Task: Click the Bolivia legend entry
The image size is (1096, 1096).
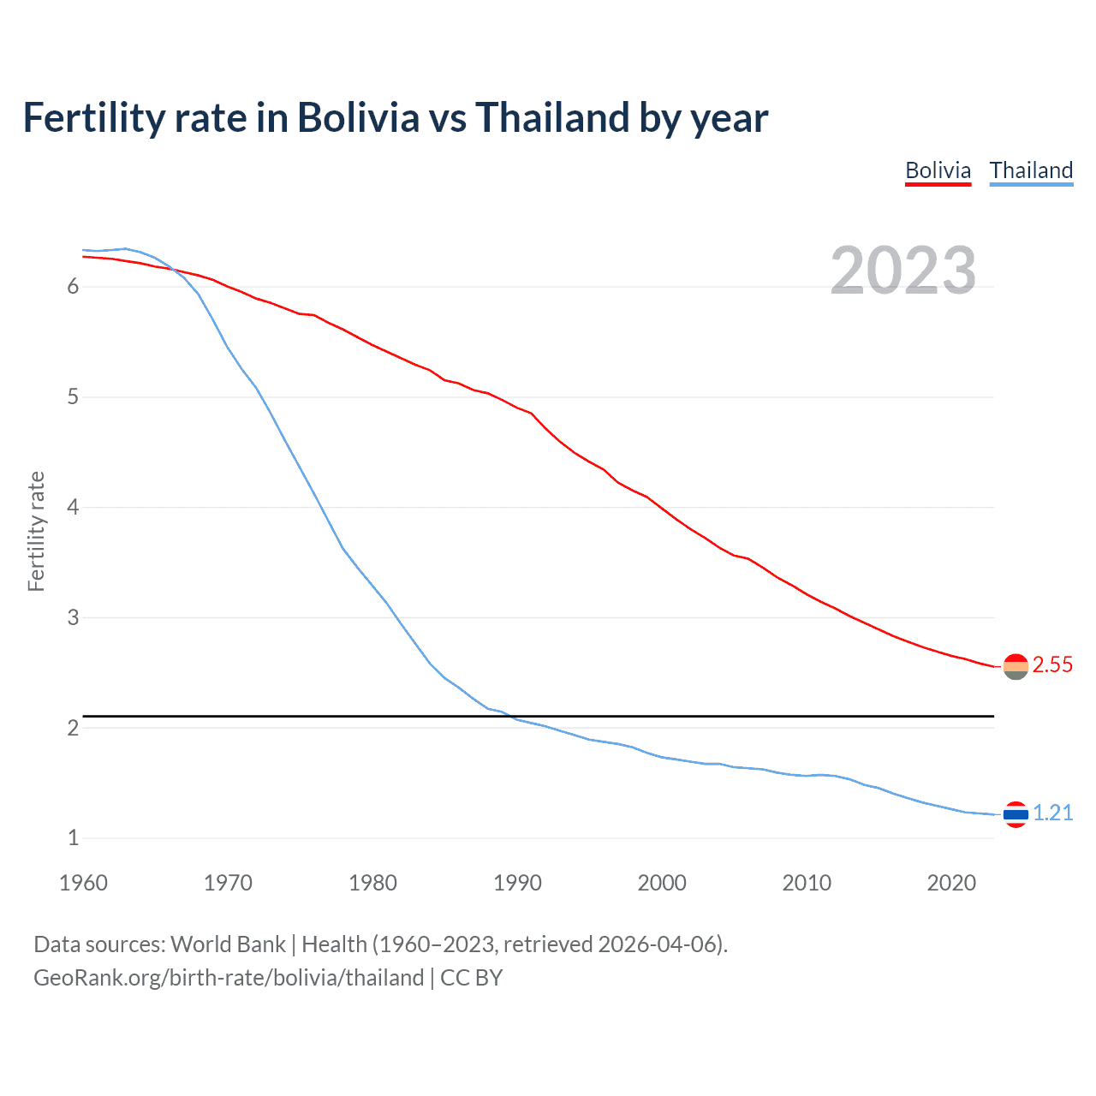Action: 938,170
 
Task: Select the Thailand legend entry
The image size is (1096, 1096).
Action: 1031,170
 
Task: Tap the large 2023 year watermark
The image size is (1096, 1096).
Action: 902,271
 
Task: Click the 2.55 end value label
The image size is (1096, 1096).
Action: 1052,665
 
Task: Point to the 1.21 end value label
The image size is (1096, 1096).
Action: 1052,813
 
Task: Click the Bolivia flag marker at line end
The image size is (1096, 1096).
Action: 1016,666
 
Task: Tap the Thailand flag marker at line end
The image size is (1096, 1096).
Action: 1016,814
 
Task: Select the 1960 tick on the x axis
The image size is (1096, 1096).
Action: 83,883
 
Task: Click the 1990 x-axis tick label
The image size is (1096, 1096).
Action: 517,883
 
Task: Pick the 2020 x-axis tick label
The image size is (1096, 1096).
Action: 951,883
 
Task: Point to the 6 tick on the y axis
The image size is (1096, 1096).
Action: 73,287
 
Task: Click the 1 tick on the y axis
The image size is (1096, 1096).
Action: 73,838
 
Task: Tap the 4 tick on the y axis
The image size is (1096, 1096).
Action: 73,507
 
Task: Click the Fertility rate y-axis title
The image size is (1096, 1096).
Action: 36,531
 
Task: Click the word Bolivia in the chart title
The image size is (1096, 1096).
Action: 358,117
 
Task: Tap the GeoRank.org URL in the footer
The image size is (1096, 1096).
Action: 229,978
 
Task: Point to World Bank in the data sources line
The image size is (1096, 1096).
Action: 228,944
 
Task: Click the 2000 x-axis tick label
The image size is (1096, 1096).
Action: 662,883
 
